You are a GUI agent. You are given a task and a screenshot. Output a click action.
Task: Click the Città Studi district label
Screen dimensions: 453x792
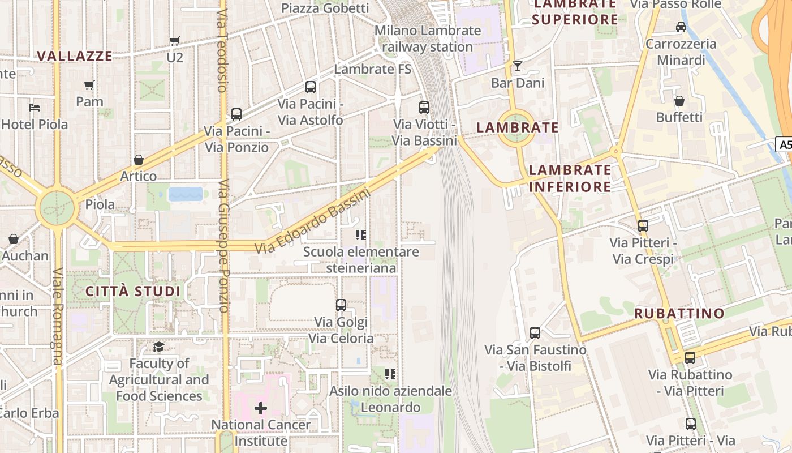coord(133,292)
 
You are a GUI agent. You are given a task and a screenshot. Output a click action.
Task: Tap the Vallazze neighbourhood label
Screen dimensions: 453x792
coord(75,55)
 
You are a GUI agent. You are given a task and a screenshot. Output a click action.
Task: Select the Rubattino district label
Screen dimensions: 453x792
coord(679,313)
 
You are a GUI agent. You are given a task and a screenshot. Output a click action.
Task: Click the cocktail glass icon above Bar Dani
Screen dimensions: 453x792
coord(517,66)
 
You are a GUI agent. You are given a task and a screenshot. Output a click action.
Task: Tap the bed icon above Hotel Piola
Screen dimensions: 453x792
coord(35,108)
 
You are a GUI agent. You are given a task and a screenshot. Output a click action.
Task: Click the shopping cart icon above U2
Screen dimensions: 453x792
coord(174,41)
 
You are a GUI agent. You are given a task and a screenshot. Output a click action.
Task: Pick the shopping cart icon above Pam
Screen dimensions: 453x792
coord(89,86)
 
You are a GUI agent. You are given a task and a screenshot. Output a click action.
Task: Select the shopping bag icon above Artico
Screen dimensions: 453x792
coord(139,160)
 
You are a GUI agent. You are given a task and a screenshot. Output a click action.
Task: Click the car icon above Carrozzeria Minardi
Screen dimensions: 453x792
coord(681,27)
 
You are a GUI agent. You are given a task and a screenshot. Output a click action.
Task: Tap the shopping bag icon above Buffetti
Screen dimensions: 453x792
coord(679,101)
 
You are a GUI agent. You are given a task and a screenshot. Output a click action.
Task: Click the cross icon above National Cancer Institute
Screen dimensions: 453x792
coord(261,408)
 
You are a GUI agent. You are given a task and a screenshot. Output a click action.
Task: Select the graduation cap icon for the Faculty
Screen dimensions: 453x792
coord(159,347)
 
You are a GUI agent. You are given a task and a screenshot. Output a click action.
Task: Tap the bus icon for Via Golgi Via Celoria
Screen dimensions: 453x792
coord(341,305)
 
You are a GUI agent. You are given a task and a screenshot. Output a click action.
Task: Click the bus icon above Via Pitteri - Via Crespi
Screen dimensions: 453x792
coord(643,226)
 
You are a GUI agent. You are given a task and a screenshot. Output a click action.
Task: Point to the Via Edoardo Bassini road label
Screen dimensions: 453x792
coord(312,221)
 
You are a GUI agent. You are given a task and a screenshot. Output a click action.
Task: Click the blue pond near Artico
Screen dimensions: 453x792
coord(185,194)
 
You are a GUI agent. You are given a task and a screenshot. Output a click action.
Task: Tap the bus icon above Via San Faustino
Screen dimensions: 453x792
coord(535,333)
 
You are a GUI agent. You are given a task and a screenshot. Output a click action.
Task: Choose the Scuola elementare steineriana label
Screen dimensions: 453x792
coord(361,259)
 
